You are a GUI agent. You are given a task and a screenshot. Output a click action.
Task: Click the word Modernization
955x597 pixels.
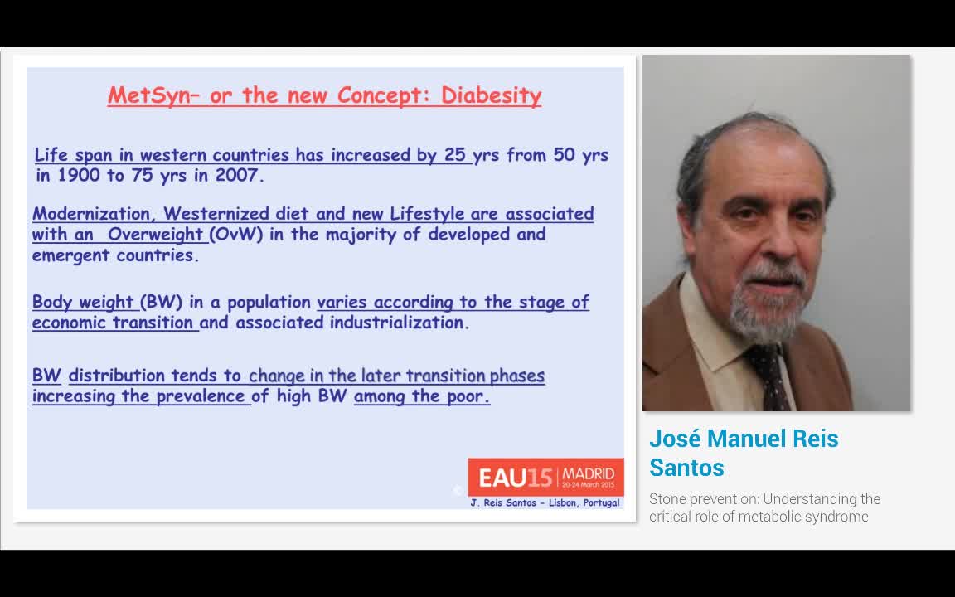90,215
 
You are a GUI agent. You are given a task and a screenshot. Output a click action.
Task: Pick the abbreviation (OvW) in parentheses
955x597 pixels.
236,235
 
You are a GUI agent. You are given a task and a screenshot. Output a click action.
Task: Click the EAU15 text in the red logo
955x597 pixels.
515,478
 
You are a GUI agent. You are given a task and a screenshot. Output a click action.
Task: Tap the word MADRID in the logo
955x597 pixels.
589,473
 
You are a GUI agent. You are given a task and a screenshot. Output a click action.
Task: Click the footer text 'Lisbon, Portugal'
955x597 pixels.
584,503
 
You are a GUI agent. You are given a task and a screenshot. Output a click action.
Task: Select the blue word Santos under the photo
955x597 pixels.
686,468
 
